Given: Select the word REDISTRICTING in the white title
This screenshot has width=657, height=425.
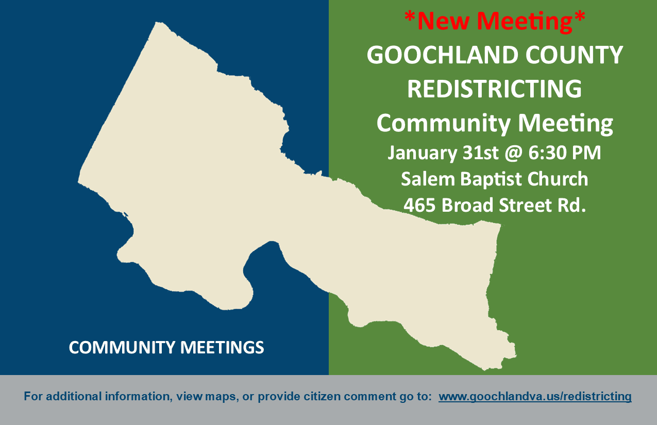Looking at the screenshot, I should click(494, 89).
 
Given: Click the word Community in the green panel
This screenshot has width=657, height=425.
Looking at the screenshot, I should click(442, 124).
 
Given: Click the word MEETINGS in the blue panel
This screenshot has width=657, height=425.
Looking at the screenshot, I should click(222, 347).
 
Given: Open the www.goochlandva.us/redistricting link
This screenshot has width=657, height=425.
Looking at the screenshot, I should click(535, 397).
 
